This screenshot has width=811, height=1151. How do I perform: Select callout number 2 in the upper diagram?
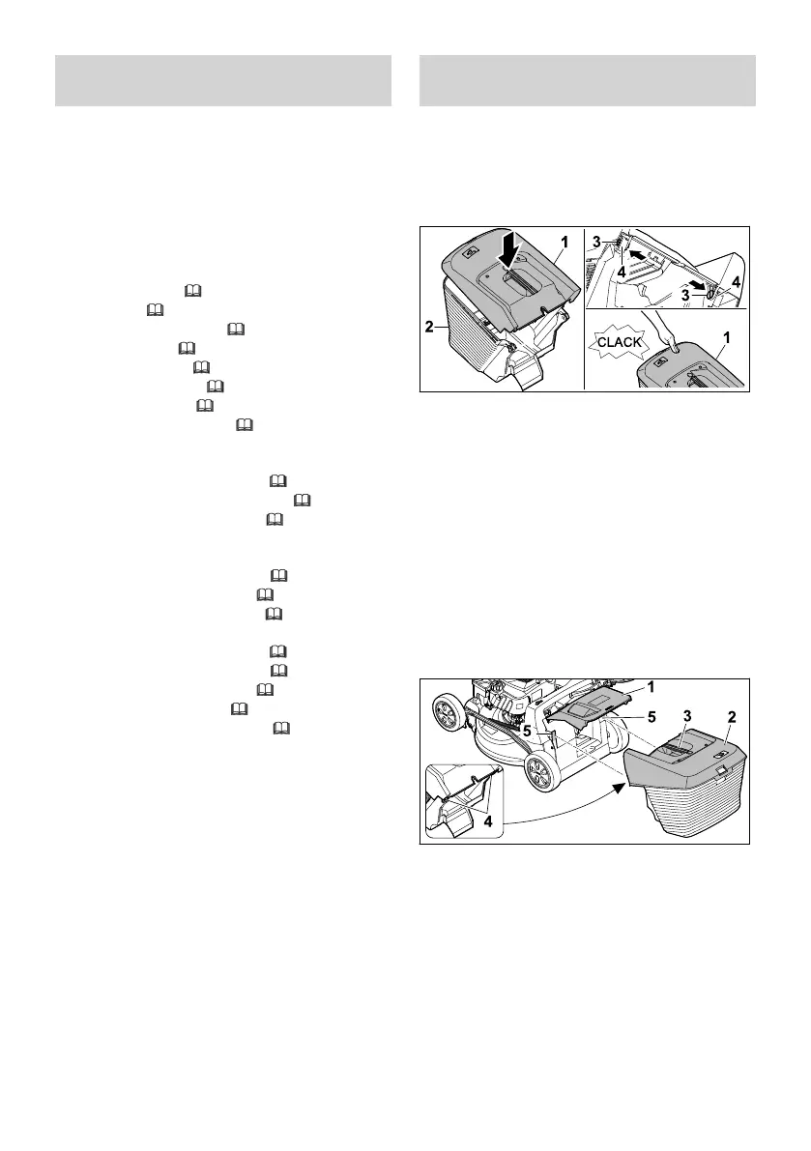(x=428, y=328)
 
